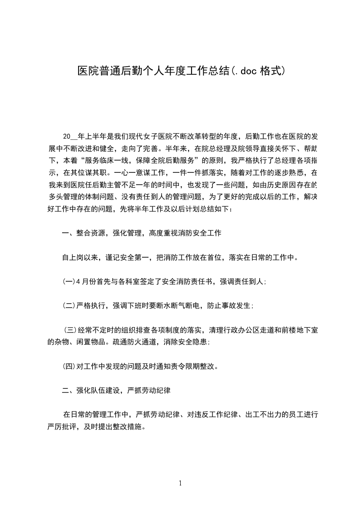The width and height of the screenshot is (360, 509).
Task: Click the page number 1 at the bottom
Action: [x=180, y=483]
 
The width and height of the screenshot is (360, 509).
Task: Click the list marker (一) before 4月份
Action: [x=69, y=282]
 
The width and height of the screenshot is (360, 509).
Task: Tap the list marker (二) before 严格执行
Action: [x=69, y=305]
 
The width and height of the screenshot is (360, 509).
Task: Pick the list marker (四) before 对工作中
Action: [x=69, y=366]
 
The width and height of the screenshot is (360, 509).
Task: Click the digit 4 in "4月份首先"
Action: [x=78, y=282]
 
